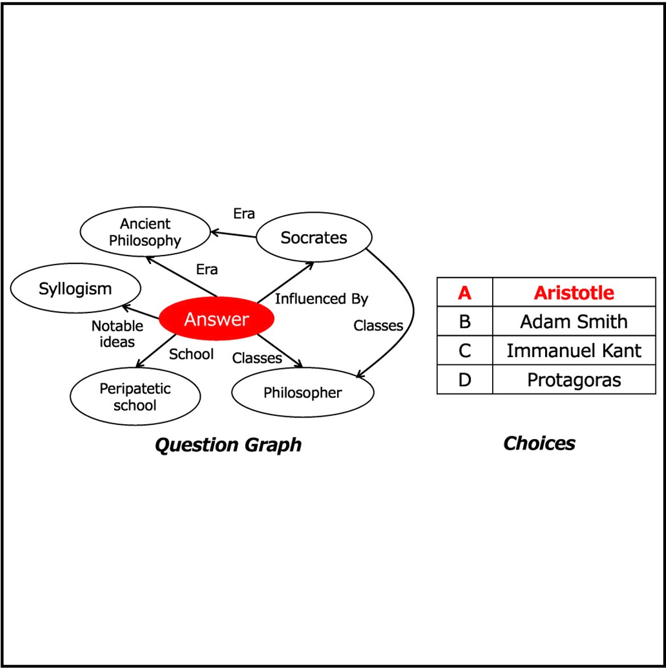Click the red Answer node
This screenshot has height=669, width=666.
(216, 319)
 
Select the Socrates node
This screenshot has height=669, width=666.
(314, 237)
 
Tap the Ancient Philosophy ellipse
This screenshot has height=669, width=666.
(145, 232)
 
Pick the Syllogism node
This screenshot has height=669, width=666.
(75, 289)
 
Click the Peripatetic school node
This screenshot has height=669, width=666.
(135, 397)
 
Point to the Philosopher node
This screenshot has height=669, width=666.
(303, 393)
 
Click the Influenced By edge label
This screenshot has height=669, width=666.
(322, 299)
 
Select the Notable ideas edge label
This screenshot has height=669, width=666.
(117, 334)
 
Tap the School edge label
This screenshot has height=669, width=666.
(191, 354)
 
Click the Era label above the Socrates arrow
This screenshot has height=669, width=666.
(244, 214)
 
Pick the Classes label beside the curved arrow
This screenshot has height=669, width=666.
(378, 326)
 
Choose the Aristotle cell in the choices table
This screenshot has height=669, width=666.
(574, 293)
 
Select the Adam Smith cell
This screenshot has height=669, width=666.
(574, 322)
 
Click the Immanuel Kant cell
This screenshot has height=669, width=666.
(574, 351)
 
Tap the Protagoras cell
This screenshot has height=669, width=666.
(574, 380)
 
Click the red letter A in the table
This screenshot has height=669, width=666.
(465, 293)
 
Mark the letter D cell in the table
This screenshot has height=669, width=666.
(465, 380)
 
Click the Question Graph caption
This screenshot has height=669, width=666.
(228, 445)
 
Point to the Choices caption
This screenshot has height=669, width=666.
(539, 443)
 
